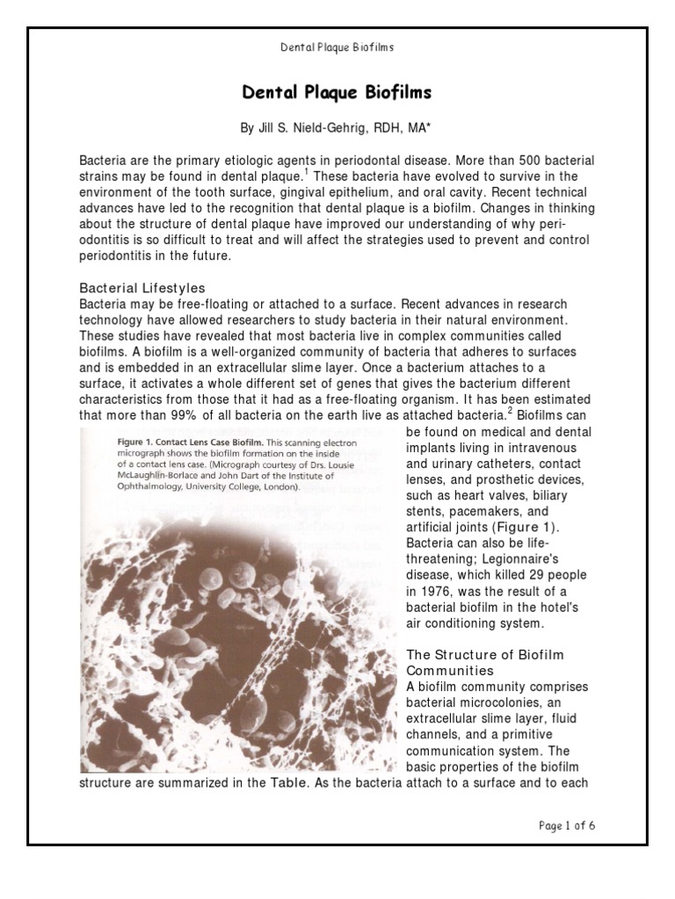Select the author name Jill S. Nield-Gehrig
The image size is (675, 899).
[x=303, y=128]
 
